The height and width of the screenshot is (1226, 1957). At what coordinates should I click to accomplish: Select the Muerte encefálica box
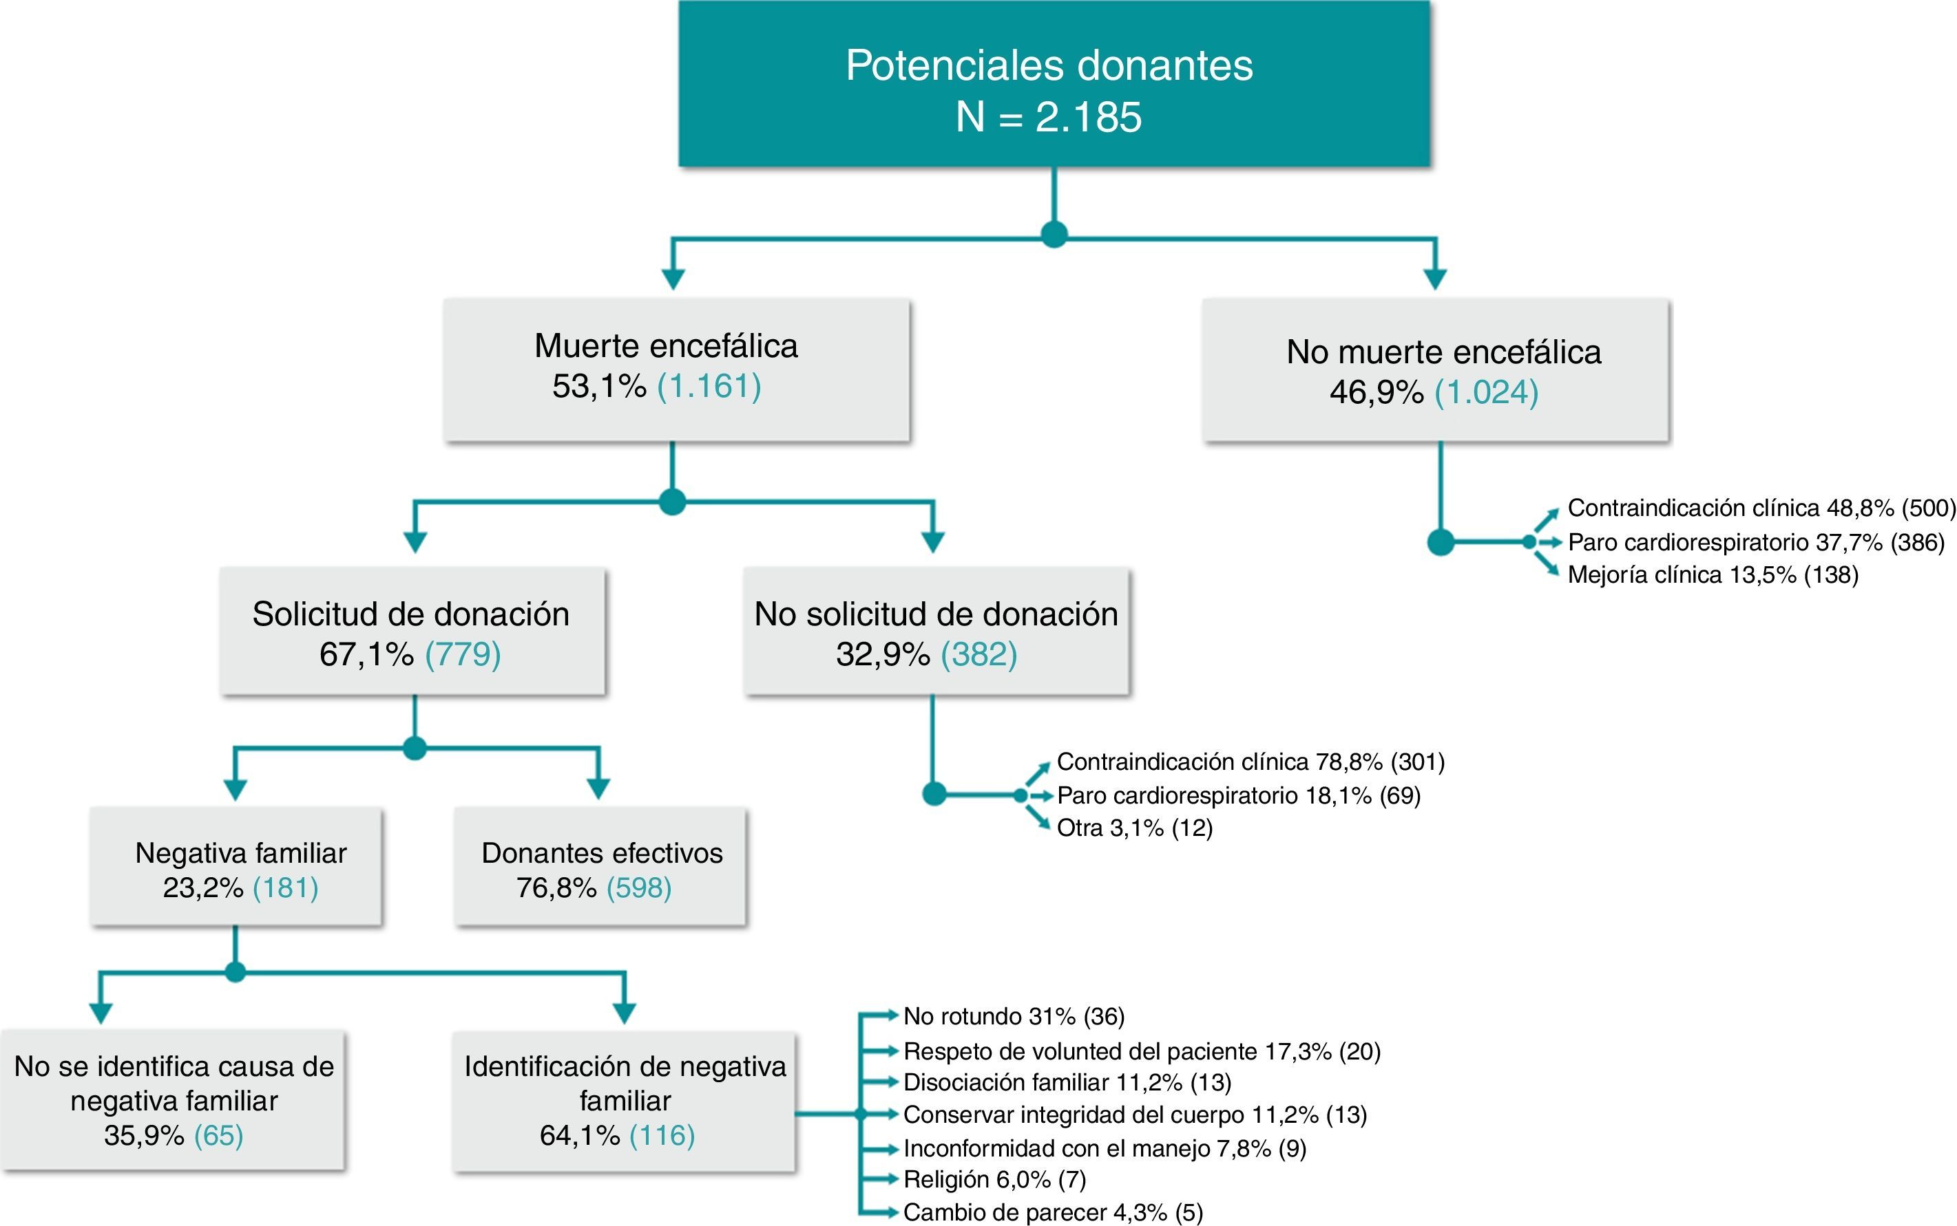(x=676, y=369)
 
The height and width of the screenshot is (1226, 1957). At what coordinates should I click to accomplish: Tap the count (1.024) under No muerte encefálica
(x=1487, y=392)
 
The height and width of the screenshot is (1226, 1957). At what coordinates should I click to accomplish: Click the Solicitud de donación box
(x=412, y=631)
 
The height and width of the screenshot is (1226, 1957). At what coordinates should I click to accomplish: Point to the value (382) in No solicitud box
(x=978, y=654)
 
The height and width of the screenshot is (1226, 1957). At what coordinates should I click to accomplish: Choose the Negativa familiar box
(x=236, y=867)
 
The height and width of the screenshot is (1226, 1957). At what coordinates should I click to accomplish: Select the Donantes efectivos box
(x=600, y=867)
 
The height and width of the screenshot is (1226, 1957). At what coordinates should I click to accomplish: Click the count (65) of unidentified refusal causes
(x=218, y=1134)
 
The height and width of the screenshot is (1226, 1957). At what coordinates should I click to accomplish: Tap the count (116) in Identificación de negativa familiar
(x=662, y=1134)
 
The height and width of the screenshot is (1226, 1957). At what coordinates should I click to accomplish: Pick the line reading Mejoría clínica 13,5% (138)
(x=1712, y=575)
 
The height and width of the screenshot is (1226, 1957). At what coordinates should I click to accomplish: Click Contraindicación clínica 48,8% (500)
(x=1761, y=508)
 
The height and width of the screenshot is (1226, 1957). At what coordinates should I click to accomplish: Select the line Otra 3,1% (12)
(x=1133, y=828)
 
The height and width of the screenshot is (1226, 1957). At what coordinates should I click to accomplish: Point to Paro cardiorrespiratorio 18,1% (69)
(x=1238, y=795)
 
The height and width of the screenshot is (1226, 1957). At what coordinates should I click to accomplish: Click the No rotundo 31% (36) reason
(x=1014, y=1016)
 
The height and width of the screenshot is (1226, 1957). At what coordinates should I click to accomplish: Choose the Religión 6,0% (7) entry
(x=994, y=1180)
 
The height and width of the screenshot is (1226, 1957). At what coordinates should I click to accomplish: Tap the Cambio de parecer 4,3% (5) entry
(x=1052, y=1213)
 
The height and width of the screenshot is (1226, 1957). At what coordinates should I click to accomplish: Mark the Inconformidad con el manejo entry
(x=1103, y=1148)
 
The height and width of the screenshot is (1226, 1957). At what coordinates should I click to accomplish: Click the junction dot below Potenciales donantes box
(x=1053, y=235)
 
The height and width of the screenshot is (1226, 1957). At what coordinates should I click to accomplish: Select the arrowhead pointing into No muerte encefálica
(x=1434, y=279)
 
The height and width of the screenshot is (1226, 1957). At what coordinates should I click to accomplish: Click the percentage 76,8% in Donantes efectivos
(x=556, y=888)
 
